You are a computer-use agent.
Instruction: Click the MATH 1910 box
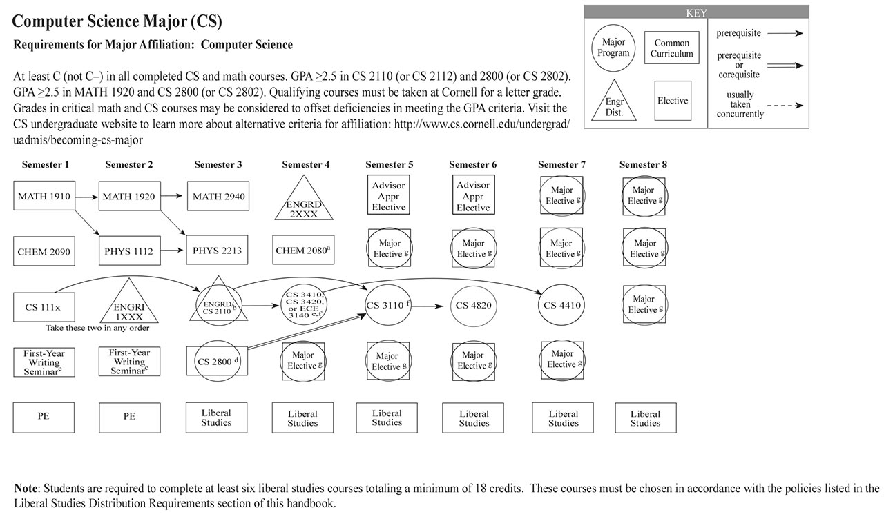(44, 197)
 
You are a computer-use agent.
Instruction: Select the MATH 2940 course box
(217, 197)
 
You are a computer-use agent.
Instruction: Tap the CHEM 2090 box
(44, 252)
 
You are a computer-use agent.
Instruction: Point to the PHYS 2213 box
(217, 251)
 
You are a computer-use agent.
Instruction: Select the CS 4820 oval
(474, 306)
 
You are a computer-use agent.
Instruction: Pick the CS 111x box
(44, 306)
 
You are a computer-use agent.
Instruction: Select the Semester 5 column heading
(390, 165)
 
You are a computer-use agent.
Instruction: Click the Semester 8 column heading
(643, 165)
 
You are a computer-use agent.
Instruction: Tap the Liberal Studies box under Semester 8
(645, 418)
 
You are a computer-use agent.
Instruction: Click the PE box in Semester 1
(44, 417)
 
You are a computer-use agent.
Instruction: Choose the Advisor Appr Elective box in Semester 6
(473, 196)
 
